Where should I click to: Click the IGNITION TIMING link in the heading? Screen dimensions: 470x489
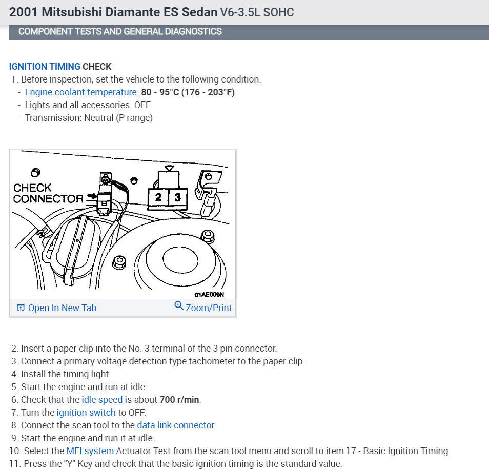[45, 67]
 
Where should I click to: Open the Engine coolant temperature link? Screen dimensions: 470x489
[81, 92]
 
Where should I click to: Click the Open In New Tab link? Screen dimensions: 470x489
[56, 308]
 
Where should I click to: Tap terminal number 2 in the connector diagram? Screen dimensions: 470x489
[158, 197]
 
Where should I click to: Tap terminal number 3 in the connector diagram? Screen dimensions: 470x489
[177, 197]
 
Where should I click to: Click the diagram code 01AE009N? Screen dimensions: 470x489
[209, 295]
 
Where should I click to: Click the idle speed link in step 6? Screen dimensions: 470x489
[102, 400]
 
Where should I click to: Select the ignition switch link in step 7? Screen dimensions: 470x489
[86, 413]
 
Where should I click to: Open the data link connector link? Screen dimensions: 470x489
[175, 425]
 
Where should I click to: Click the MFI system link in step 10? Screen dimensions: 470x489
[90, 452]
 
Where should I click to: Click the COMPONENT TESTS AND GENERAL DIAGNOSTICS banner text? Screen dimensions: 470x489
[120, 31]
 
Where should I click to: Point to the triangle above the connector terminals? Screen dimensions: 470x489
[170, 168]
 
